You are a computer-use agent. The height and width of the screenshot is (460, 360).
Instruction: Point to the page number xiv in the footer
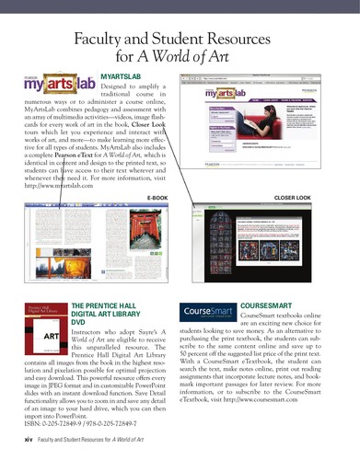point(28,441)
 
